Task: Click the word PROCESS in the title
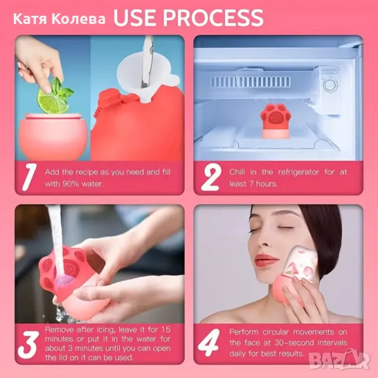point(214,18)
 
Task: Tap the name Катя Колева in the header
point(59,19)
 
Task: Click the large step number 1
point(29,177)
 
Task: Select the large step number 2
point(211,177)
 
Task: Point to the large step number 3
point(28,344)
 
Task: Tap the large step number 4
point(209,342)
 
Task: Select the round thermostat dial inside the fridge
point(329,85)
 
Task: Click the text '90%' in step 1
point(71,184)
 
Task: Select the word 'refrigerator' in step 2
point(299,172)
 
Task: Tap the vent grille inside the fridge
point(250,82)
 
